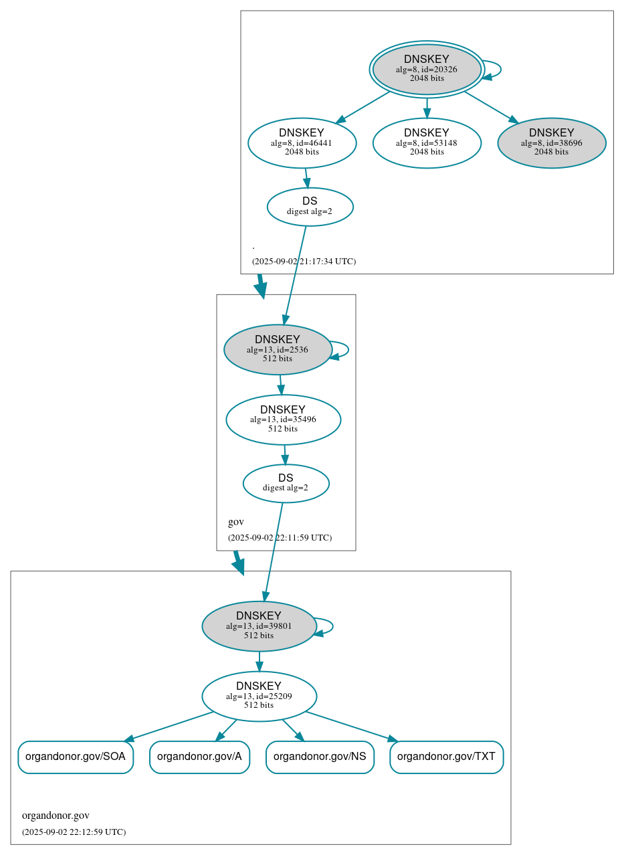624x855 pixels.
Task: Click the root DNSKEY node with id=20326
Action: point(427,69)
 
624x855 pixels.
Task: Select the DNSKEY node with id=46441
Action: point(302,142)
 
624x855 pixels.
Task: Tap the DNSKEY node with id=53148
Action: point(427,142)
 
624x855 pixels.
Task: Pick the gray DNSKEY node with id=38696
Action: point(551,142)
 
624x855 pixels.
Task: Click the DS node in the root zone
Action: point(310,207)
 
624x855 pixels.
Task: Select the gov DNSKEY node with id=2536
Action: point(278,349)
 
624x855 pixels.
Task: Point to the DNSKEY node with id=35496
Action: point(283,419)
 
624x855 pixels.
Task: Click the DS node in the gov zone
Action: point(286,483)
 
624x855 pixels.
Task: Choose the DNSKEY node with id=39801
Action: point(259,626)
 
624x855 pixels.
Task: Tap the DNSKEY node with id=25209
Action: point(259,696)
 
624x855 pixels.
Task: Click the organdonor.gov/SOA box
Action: point(76,757)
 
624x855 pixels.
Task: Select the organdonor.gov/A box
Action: point(199,757)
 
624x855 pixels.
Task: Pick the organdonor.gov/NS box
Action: point(320,757)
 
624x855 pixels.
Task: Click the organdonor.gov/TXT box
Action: point(446,757)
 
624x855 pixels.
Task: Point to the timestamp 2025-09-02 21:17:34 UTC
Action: point(304,262)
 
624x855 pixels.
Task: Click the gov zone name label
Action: point(236,522)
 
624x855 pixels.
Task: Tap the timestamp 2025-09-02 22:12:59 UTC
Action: point(74,832)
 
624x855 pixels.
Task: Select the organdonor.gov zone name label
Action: point(56,816)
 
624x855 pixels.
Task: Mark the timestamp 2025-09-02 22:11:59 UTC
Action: point(280,538)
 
